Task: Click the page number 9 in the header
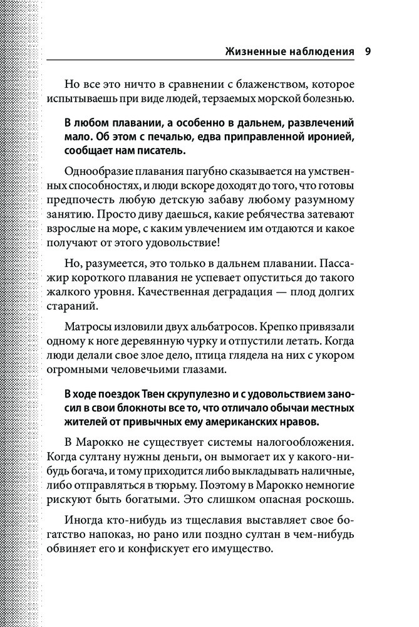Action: pos(368,51)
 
